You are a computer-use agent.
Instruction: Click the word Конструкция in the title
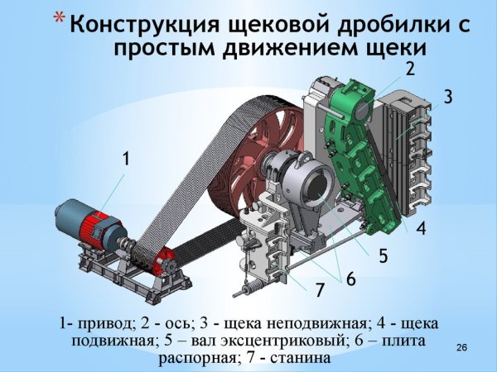coord(133,24)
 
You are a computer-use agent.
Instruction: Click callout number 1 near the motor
coord(127,158)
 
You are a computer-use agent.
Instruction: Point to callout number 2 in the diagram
coord(410,68)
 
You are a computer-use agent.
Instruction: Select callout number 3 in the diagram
coord(448,97)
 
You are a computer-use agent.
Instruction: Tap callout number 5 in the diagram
coord(384,255)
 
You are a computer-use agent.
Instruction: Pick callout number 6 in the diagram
coord(351,280)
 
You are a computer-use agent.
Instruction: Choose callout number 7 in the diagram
coord(319,290)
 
